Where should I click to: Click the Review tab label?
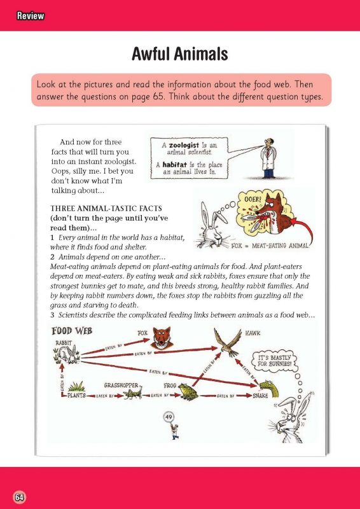[x=31, y=15]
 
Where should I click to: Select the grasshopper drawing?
[x=133, y=394]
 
